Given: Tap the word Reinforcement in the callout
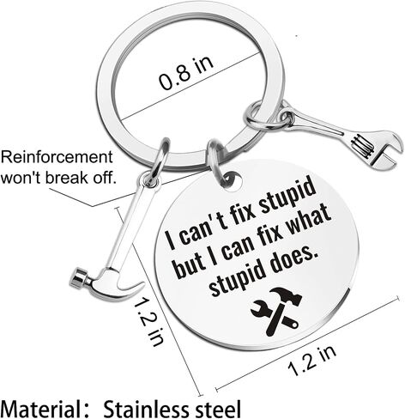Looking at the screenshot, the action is click(57, 157).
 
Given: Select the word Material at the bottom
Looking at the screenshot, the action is click(42, 409).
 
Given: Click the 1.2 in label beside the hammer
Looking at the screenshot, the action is click(148, 320).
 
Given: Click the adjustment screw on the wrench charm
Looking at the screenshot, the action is click(362, 145).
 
